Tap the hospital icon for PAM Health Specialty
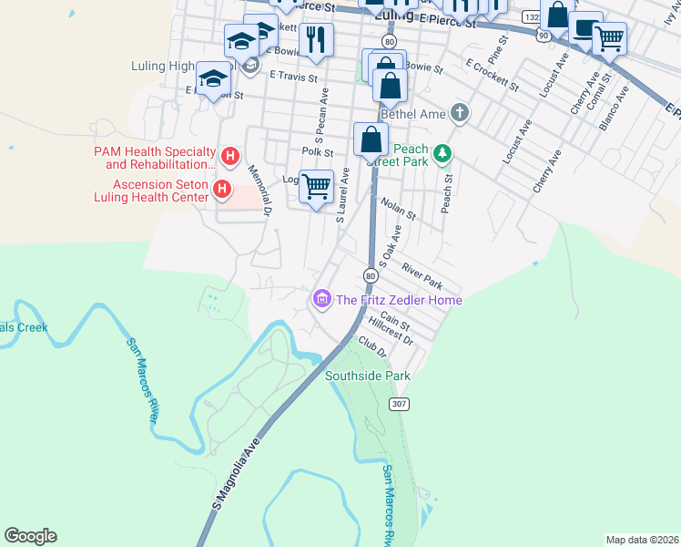230,157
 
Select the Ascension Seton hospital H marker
221,190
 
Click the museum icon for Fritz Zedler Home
320,299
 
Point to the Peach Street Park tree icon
442,152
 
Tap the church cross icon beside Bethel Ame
461,113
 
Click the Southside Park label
368,376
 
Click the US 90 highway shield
543,36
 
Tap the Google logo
31,536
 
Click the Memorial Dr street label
257,193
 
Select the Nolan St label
399,209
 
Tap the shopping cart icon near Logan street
316,186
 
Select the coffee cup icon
585,29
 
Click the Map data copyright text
643,540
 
